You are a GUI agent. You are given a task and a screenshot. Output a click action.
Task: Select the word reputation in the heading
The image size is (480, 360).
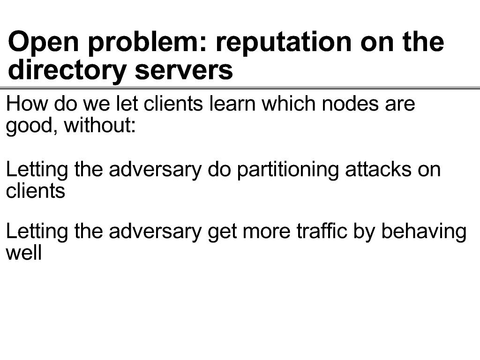283,42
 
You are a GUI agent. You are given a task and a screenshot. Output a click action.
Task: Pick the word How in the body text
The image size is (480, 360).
27,104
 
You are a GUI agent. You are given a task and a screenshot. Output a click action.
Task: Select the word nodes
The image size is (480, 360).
350,104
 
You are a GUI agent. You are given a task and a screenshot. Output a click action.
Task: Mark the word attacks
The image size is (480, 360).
378,169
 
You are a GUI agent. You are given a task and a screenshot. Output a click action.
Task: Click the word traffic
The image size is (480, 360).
322,231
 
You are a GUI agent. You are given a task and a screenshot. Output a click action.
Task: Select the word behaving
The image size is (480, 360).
424,232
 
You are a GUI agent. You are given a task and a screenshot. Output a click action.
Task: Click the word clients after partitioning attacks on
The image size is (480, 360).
36,191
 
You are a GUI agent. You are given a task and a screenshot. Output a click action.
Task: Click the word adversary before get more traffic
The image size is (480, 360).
155,232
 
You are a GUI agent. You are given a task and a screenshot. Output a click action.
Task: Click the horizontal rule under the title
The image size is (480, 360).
240,88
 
